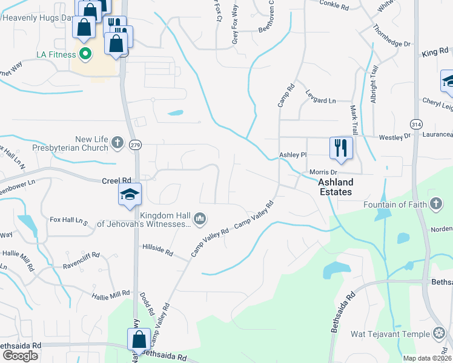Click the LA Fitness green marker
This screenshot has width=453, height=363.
85,54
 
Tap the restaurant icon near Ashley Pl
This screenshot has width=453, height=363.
341,148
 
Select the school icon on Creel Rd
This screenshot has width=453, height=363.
130,194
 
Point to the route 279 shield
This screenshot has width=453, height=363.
136,145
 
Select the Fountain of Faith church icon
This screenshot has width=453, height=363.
435,204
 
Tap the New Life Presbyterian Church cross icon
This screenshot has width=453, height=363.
117,143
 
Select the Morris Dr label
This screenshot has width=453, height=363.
323,172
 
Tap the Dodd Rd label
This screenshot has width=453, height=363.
145,298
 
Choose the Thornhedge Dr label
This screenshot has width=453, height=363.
392,36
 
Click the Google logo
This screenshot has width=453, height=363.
20,356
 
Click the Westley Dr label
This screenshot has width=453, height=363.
394,138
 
